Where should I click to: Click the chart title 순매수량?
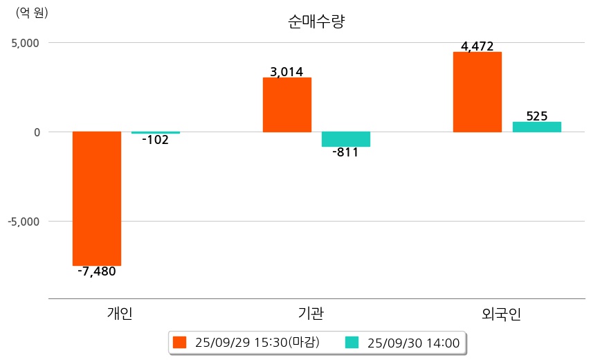tap(316, 21)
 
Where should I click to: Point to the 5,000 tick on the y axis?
tap(25, 43)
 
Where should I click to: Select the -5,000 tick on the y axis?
tap(24, 222)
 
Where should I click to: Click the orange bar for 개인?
tap(97, 199)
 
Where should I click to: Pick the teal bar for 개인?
tap(156, 132)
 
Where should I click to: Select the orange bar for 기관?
tap(287, 105)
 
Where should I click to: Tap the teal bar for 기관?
tap(346, 139)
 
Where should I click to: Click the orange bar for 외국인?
tap(477, 92)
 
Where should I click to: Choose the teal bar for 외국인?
tap(536, 127)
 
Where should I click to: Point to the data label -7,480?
tap(97, 271)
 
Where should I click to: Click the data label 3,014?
tap(287, 71)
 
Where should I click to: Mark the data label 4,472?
tap(477, 46)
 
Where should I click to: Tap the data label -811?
tap(346, 152)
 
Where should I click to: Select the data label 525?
tap(537, 116)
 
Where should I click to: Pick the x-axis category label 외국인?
tap(501, 314)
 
